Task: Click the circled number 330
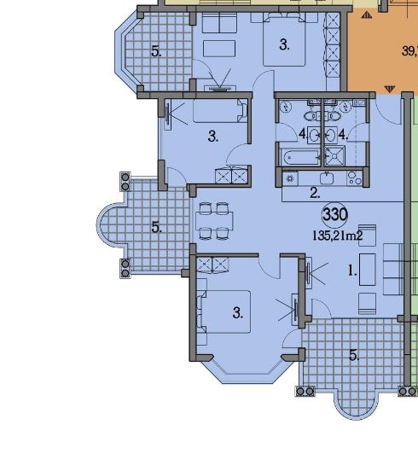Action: click(x=335, y=215)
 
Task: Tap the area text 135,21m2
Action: click(x=338, y=236)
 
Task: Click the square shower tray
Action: click(x=335, y=156)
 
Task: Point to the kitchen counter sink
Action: click(x=327, y=178)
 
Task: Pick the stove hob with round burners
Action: click(x=354, y=178)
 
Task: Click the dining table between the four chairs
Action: click(x=214, y=221)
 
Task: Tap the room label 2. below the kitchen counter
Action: click(x=315, y=193)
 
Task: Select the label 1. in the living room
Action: click(x=352, y=271)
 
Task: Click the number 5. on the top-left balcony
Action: click(x=157, y=52)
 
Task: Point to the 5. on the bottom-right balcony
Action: click(x=354, y=355)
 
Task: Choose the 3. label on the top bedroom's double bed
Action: click(x=285, y=45)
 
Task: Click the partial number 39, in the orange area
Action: click(x=409, y=51)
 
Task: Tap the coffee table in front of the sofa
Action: click(x=368, y=270)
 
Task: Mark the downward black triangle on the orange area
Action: click(x=390, y=89)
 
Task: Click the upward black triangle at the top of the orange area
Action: click(x=367, y=15)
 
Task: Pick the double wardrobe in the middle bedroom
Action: click(x=232, y=176)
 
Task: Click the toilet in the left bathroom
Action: click(x=311, y=116)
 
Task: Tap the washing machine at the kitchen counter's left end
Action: click(x=290, y=178)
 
